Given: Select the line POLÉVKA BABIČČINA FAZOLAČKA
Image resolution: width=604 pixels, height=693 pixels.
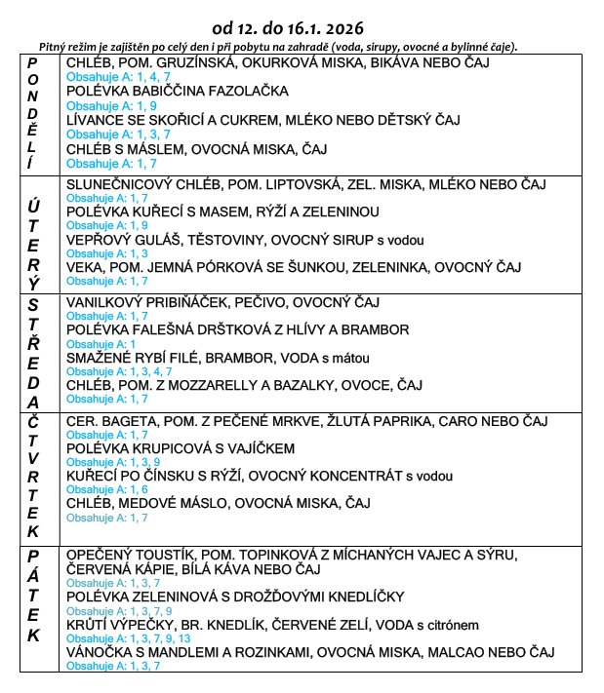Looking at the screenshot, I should (178, 91).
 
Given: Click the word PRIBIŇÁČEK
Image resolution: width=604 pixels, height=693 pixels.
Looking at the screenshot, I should (181, 302).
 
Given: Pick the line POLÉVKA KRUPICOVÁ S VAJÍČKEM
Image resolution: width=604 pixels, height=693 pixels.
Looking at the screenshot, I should (181, 448).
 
